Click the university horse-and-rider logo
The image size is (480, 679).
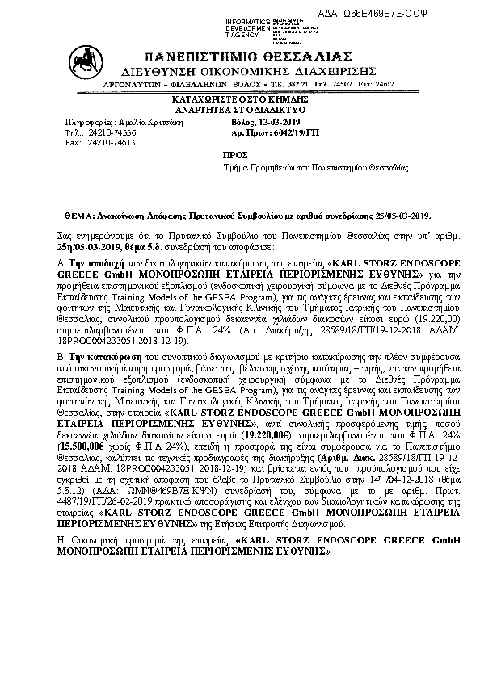click(x=82, y=63)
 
